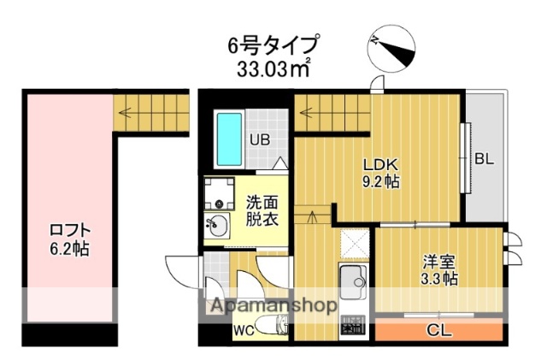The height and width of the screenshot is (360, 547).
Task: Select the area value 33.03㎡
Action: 274,68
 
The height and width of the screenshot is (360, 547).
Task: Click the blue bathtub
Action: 228,139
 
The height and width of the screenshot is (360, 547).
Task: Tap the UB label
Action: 259,140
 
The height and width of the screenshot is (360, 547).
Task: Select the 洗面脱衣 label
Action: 262,211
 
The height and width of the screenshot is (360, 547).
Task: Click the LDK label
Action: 381,164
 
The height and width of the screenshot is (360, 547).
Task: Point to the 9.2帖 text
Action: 381,182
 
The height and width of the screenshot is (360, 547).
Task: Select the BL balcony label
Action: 484,159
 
